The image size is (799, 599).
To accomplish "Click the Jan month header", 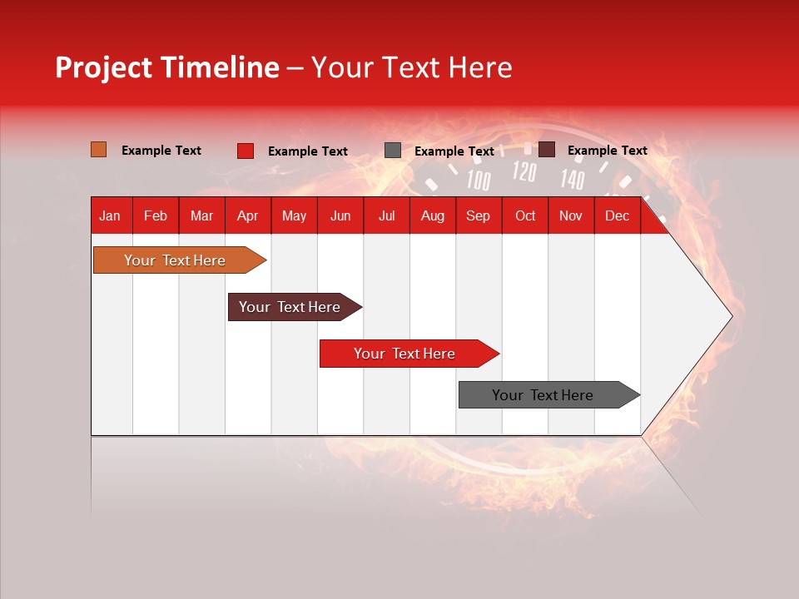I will [x=110, y=215].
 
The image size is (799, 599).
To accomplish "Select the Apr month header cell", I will [x=247, y=215].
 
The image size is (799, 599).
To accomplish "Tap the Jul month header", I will [x=386, y=215].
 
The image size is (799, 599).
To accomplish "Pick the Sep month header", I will [x=478, y=215].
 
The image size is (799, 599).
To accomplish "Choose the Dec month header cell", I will [x=617, y=215].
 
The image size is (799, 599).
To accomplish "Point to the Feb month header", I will [x=156, y=215].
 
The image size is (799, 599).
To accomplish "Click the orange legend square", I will [x=98, y=150].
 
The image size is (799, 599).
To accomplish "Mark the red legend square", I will [x=246, y=151].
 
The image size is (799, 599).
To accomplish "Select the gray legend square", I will [x=393, y=151].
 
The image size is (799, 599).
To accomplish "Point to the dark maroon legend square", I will [x=547, y=150].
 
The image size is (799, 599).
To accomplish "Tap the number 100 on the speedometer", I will [x=479, y=180].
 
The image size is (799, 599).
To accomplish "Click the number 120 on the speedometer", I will [x=524, y=172].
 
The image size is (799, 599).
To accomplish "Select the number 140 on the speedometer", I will [x=572, y=179].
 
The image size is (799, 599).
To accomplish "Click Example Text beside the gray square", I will [x=454, y=151].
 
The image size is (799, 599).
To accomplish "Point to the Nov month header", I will [x=570, y=215].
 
